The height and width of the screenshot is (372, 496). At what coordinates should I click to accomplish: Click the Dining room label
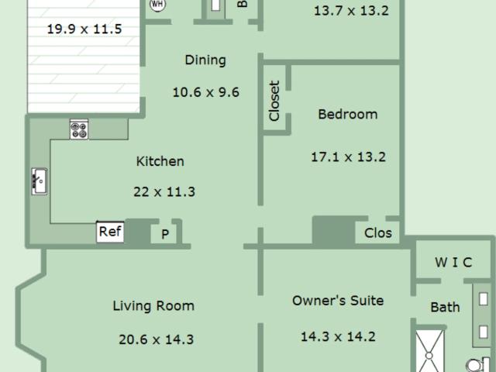205,60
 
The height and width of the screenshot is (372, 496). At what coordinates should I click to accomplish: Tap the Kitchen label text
160,161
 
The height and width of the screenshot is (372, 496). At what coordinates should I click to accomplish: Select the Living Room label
153,306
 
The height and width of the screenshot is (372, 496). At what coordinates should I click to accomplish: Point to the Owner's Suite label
338,301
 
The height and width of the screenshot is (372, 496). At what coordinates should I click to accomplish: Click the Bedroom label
348,114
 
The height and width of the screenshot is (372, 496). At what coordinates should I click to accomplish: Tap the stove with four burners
79,129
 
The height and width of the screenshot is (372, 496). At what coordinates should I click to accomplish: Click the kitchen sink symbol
40,181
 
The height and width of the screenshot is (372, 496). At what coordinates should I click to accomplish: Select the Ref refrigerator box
110,232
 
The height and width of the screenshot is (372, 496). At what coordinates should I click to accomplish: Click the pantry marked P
165,234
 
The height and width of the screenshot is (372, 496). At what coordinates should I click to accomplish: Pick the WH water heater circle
157,5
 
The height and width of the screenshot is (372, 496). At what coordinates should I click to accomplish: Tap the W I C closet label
453,262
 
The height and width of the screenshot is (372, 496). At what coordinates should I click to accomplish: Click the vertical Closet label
274,101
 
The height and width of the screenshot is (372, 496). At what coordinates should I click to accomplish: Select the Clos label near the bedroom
378,233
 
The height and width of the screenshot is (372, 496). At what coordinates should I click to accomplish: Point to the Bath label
445,307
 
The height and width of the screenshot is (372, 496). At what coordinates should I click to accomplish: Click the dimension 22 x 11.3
164,191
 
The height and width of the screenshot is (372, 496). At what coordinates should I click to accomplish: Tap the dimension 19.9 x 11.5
84,29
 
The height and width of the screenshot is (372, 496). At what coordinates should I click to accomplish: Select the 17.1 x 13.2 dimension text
348,157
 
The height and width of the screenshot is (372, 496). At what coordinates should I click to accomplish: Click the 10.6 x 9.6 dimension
206,92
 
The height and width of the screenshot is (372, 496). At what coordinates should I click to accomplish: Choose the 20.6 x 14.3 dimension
157,339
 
